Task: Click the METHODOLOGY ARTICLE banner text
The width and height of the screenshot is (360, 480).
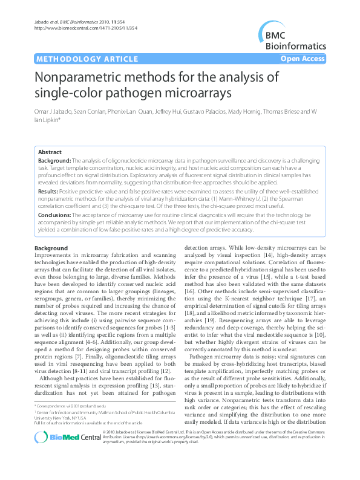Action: (78, 59)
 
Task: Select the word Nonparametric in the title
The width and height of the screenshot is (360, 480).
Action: (77, 78)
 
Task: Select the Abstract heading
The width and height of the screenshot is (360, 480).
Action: (50, 152)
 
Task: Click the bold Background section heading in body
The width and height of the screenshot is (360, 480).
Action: (51, 248)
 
